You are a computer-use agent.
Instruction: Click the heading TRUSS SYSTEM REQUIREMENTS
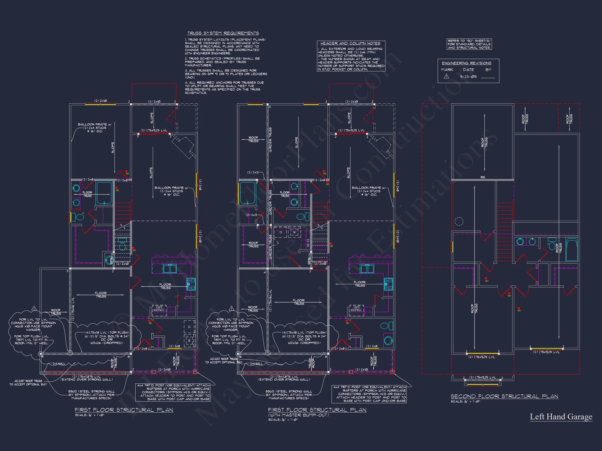tap(223, 33)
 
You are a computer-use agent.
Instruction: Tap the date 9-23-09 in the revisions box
tap(468, 77)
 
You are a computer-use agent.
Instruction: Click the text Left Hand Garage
tap(561, 417)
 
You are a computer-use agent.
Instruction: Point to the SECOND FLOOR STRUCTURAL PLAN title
tap(504, 396)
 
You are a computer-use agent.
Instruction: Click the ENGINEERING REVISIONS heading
tap(466, 63)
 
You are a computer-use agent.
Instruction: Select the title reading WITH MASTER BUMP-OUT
tap(299, 415)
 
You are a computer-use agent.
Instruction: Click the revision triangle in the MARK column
tap(446, 77)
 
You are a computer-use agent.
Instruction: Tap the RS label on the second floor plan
tap(483, 177)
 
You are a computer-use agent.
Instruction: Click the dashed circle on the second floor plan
tap(459, 221)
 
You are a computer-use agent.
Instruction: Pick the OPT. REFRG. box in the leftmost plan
tap(159, 309)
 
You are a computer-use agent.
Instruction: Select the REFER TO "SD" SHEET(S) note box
tap(469, 44)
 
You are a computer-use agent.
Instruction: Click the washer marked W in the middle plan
tap(294, 233)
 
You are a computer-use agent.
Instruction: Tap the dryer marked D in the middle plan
tap(281, 233)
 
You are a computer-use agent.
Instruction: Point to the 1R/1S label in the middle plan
tap(308, 243)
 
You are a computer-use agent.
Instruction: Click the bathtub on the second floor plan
tap(571, 250)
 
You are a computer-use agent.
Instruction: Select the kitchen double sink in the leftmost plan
tap(170, 269)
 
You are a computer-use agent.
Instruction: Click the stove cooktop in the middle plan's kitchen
tap(388, 284)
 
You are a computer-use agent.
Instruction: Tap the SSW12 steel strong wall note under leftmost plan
tap(91, 395)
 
